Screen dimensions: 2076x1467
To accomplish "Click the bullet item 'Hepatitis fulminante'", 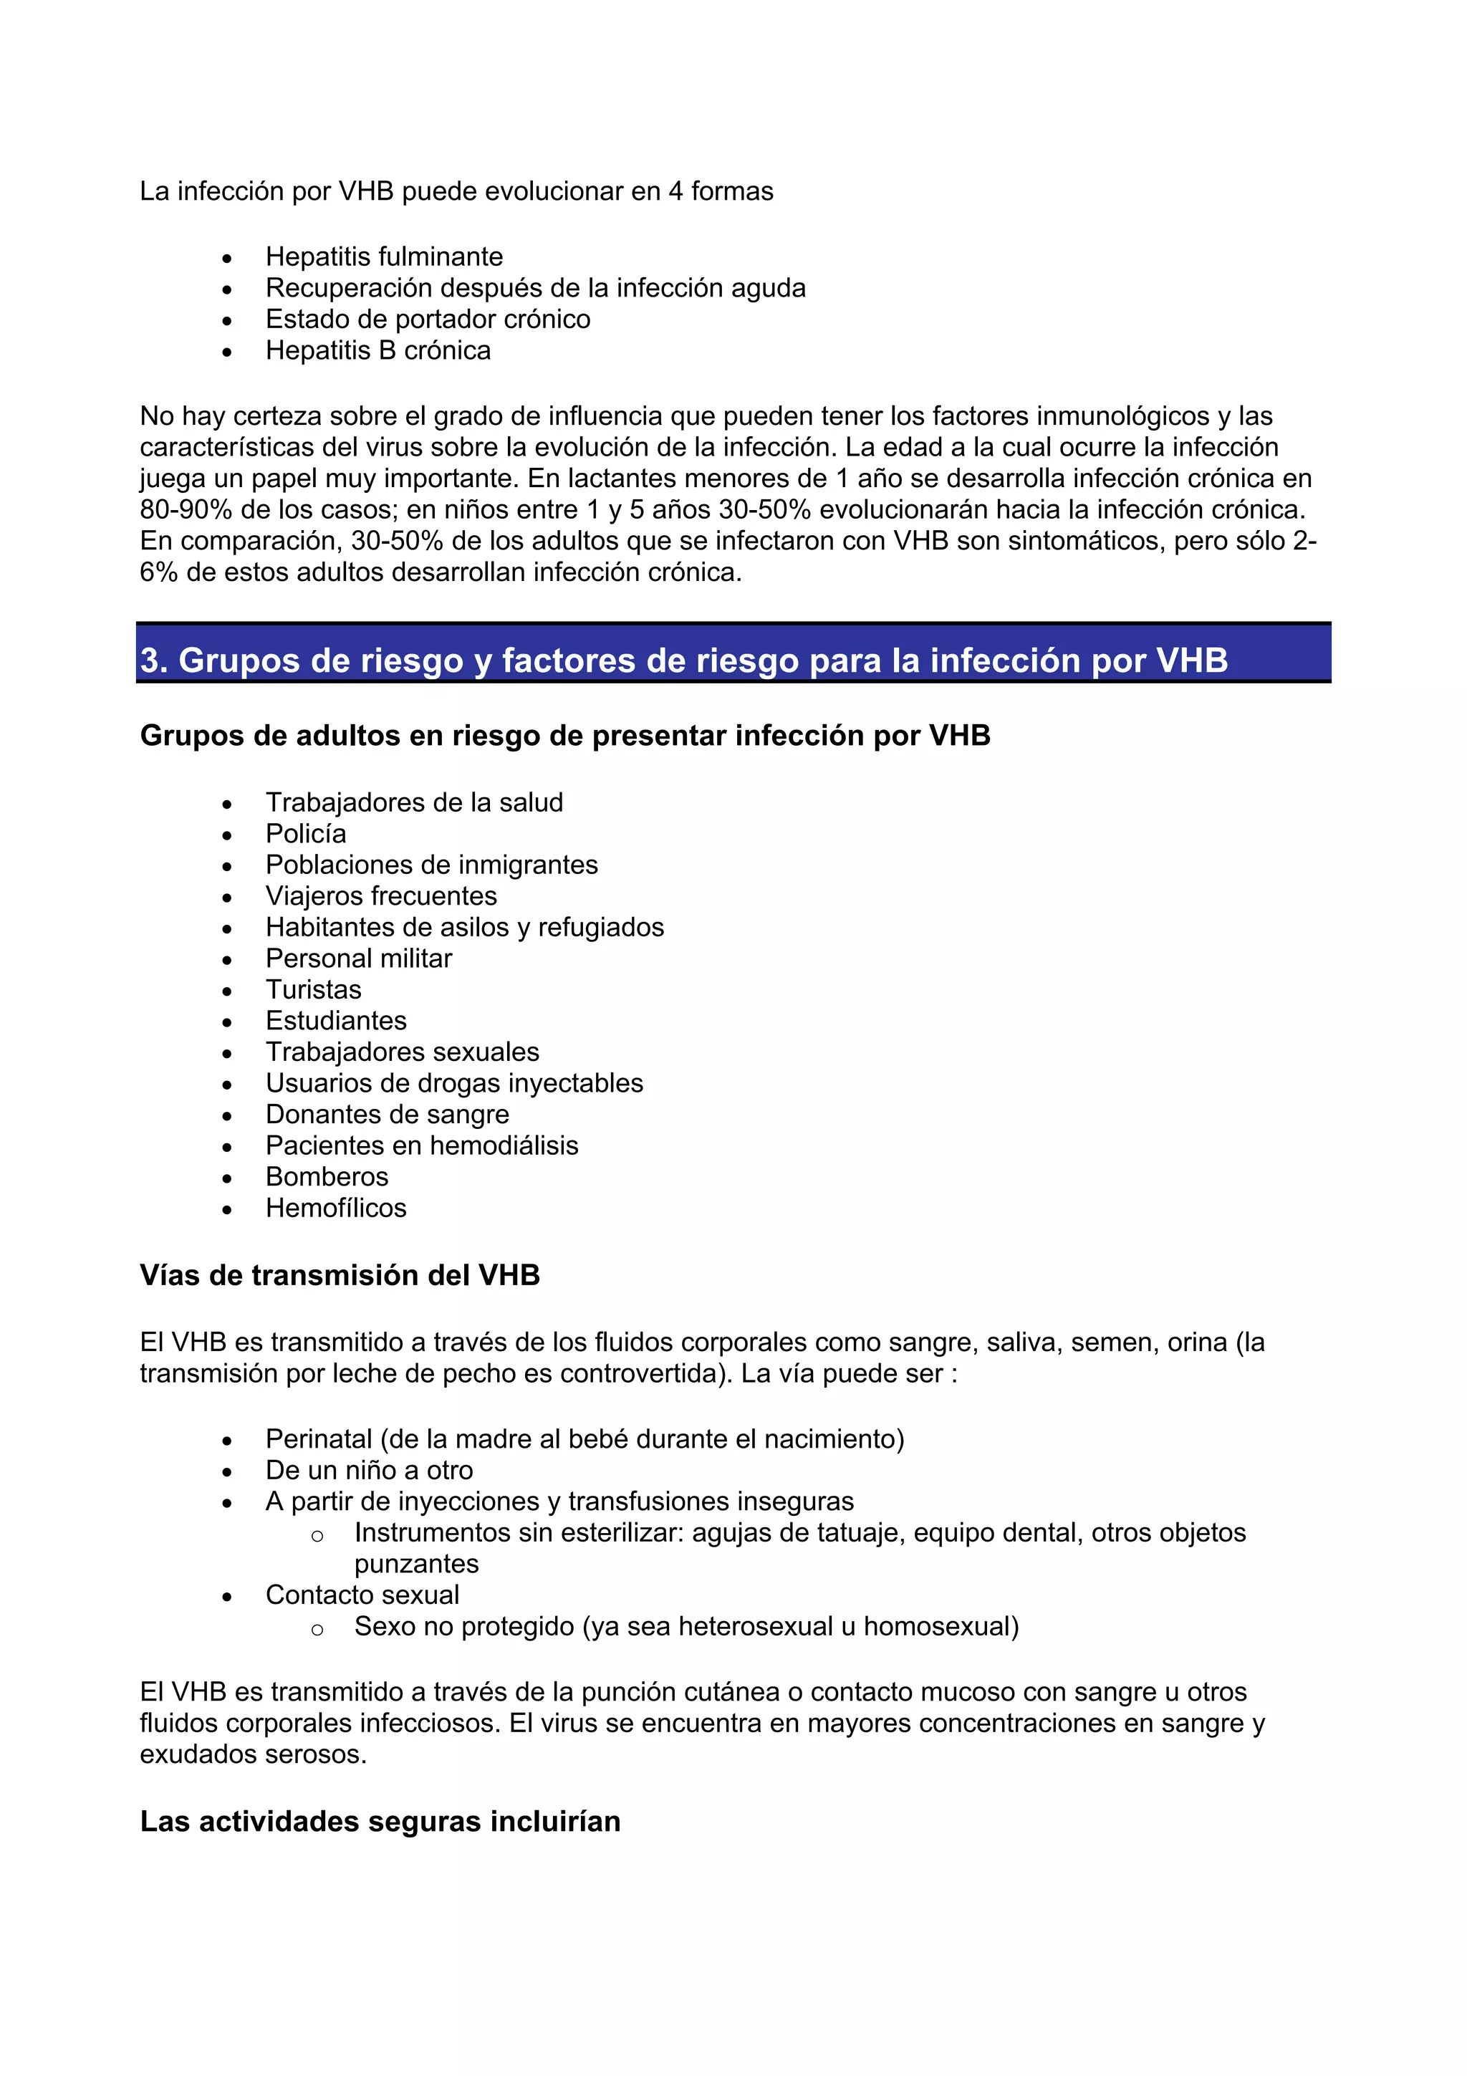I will (383, 256).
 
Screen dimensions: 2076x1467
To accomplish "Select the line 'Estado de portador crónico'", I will (427, 319).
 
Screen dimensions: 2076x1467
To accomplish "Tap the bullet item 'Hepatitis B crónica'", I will (377, 351).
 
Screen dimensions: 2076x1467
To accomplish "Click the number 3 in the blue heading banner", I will (151, 661).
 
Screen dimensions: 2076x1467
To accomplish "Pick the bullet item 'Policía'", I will (306, 834).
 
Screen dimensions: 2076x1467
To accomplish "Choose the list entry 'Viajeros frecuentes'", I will (380, 896).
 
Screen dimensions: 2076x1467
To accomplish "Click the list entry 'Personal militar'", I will (358, 958).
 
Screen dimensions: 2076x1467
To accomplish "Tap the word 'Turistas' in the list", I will (313, 990).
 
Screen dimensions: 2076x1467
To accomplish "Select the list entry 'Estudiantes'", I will (335, 1021).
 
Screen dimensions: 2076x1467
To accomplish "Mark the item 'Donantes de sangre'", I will (387, 1115).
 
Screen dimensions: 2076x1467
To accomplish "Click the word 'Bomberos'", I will (327, 1177).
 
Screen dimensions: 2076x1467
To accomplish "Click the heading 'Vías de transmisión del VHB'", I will (340, 1276).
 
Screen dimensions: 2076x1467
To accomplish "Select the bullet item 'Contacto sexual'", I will (362, 1595).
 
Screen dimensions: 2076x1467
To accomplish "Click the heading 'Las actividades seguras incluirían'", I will (380, 1822).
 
